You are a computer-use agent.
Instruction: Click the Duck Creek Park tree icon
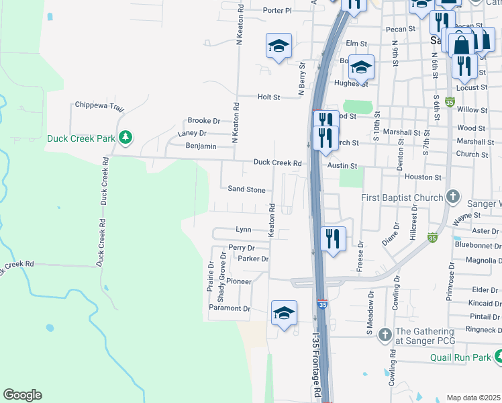[x=125, y=138]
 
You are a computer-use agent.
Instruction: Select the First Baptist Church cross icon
[x=453, y=197]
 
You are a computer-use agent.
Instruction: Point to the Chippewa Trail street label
[x=99, y=105]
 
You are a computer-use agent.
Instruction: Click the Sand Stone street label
[x=246, y=189]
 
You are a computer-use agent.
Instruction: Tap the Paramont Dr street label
[x=229, y=308]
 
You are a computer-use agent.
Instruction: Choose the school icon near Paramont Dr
[x=284, y=313]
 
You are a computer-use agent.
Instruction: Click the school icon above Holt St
[x=279, y=46]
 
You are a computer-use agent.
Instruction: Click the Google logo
[x=21, y=395]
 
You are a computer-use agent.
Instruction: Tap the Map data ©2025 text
[x=473, y=398]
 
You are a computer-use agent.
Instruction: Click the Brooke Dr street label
[x=203, y=120]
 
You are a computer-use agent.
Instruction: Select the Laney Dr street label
[x=191, y=133]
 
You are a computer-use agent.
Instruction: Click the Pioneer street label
[x=239, y=281]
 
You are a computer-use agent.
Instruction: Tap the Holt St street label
[x=268, y=97]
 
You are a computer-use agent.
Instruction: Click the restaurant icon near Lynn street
[x=333, y=238]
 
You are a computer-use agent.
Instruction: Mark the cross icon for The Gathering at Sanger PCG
[x=385, y=334]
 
